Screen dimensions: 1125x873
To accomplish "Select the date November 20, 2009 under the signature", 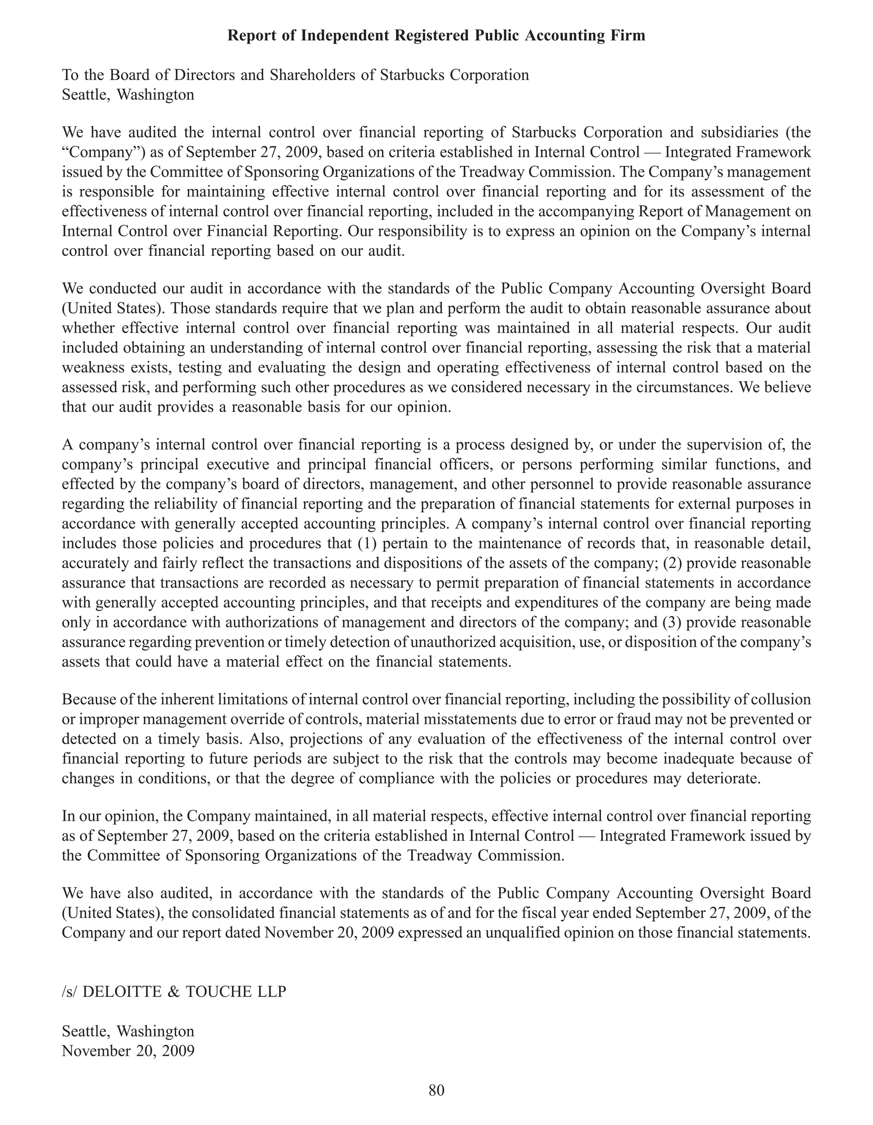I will pyautogui.click(x=128, y=1051).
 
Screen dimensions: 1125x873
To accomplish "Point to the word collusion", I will pyautogui.click(x=781, y=699).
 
